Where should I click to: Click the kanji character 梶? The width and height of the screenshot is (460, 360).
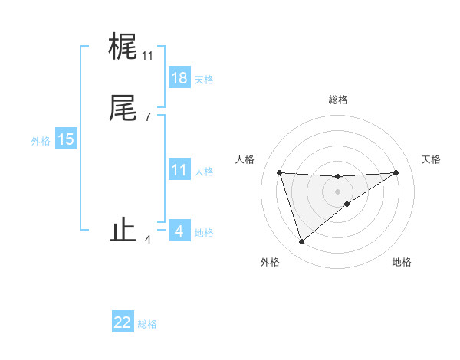pos(123,47)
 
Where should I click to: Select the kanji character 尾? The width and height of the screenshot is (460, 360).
pos(123,109)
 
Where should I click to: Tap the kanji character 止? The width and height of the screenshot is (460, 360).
pos(123,231)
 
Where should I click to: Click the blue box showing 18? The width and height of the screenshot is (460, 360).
pos(179,78)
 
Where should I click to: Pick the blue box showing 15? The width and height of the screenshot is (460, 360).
pos(66,139)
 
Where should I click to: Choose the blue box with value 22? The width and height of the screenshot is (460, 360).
pos(123,322)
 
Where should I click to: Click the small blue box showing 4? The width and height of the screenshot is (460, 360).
pos(179,231)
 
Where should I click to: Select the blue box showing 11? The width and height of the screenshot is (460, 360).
pos(179,170)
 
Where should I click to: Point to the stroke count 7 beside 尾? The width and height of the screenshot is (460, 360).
pos(147,117)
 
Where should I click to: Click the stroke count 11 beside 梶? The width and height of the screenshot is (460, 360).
pos(147,56)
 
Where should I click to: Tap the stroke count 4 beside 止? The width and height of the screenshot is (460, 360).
pos(147,240)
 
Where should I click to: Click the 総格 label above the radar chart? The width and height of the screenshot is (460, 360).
pos(337,100)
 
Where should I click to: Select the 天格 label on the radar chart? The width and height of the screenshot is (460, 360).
pos(432,159)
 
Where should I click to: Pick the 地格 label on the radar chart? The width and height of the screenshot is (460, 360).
pos(402,262)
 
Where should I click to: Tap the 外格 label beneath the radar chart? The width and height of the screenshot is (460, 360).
pos(270,262)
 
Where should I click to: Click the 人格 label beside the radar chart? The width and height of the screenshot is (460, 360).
pos(245,159)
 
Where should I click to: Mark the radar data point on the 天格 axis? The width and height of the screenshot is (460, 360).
pos(396,172)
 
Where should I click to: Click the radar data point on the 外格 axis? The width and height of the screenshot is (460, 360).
pos(301,242)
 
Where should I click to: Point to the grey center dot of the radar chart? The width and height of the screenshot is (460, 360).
pos(337,191)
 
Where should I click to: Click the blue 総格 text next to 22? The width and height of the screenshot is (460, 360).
pos(147,324)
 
